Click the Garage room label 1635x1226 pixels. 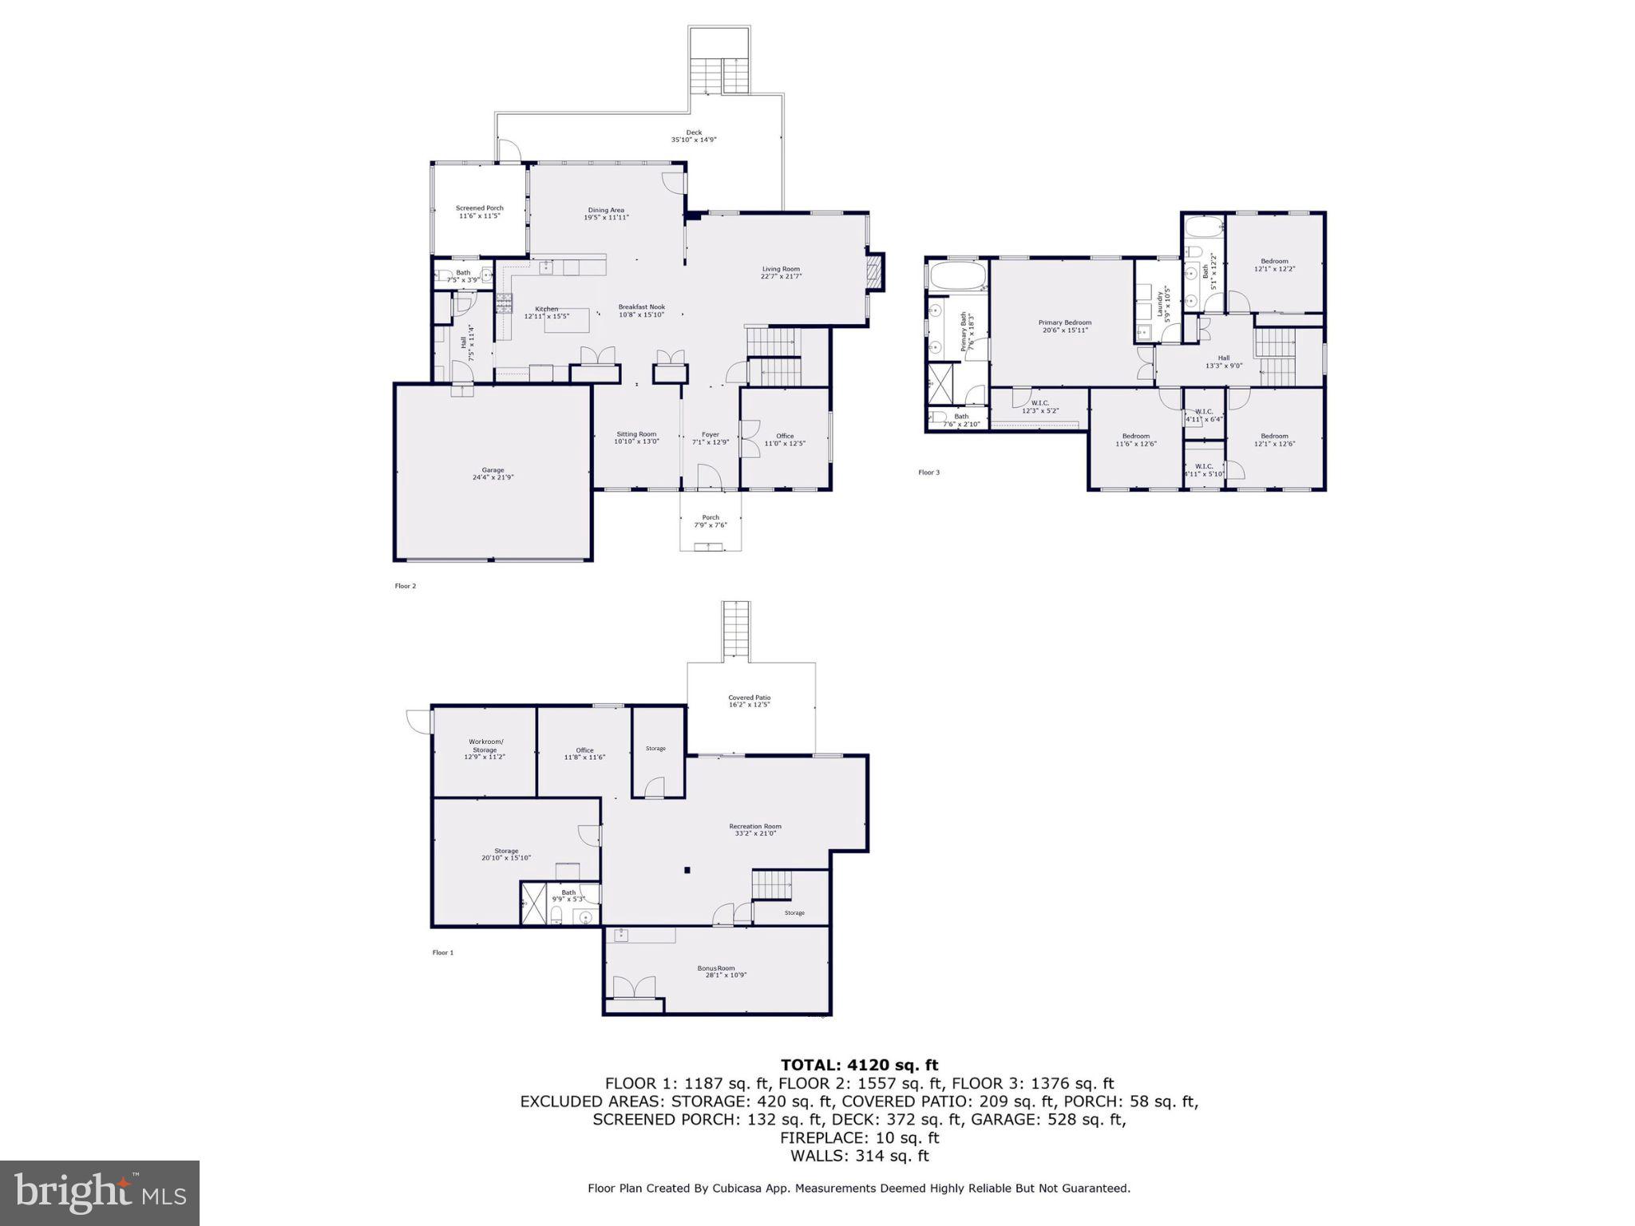pos(493,471)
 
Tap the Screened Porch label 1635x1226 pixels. pos(479,208)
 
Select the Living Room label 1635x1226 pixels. pos(780,269)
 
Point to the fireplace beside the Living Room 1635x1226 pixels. pos(876,271)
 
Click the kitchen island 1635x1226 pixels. pos(566,321)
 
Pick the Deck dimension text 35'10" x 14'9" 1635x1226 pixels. pos(693,140)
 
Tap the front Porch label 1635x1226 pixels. pos(711,517)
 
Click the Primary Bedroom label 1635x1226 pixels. pos(1064,322)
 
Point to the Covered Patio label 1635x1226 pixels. pos(749,698)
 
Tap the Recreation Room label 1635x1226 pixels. pos(754,826)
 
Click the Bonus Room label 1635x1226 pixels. pos(715,968)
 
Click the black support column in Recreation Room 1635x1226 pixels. pos(686,870)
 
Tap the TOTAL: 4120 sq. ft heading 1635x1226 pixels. pos(859,1065)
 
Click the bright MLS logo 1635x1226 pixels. pos(100,1192)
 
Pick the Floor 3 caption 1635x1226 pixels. pos(928,473)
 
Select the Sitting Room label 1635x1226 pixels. pos(636,434)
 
